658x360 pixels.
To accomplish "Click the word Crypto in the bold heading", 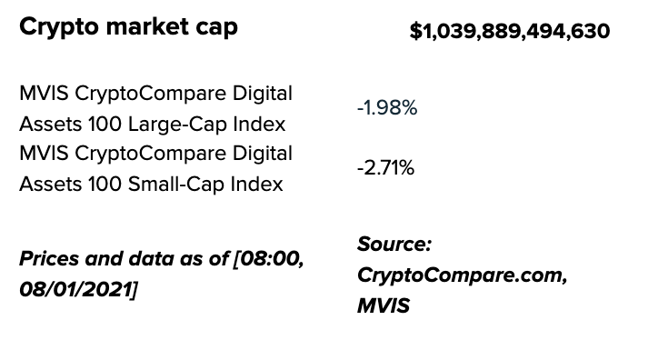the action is (59, 27).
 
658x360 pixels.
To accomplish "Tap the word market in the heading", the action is (147, 26).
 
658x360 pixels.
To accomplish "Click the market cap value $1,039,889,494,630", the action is (510, 32).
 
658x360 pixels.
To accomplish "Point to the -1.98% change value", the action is (387, 108).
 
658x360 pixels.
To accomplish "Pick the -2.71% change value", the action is (385, 168).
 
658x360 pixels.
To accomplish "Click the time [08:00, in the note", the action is (269, 259).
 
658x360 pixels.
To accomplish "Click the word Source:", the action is (394, 244).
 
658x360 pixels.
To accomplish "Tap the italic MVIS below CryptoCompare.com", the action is (384, 305).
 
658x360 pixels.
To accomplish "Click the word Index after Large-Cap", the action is (259, 125).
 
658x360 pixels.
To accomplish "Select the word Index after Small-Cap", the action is (258, 185).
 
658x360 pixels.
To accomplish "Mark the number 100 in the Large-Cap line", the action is (105, 125).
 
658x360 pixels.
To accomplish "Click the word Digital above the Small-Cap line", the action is (263, 154).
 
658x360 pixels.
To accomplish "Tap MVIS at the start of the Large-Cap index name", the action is (44, 93).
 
